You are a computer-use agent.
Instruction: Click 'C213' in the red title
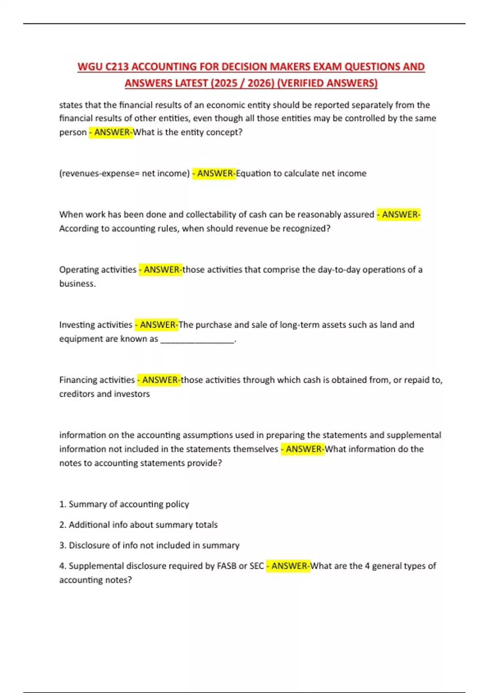tap(117, 66)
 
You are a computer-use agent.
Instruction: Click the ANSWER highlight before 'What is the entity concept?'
tap(111, 132)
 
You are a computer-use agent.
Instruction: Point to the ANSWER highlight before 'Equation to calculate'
tap(214, 173)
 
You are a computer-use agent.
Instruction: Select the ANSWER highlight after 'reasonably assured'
tap(399, 214)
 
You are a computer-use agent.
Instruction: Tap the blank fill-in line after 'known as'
tap(198, 340)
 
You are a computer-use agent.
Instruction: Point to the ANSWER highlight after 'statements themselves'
tap(302, 449)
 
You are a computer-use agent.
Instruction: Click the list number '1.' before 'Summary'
tap(63, 504)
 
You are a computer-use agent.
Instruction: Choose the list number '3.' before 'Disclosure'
tap(63, 545)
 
